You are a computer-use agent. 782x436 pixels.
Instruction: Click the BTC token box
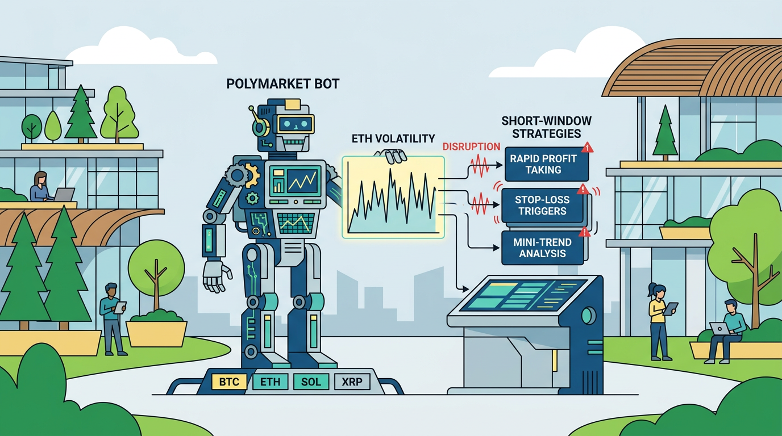click(x=229, y=381)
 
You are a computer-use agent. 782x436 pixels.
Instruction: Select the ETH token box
click(x=270, y=381)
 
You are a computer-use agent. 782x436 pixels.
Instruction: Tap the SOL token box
click(x=311, y=381)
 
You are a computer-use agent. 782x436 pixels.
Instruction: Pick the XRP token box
click(x=352, y=381)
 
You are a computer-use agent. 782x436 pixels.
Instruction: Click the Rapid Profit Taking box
click(x=547, y=164)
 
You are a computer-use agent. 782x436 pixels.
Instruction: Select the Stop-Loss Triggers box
click(x=542, y=206)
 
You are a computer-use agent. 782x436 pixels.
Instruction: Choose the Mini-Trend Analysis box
click(x=542, y=248)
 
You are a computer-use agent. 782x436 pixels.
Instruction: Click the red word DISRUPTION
click(x=471, y=146)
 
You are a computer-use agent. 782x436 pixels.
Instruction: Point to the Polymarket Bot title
click(x=283, y=83)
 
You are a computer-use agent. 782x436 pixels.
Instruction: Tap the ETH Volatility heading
click(x=393, y=139)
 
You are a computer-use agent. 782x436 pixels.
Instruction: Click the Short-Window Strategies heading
click(x=546, y=127)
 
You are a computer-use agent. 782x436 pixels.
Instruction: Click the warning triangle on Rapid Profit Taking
click(x=587, y=148)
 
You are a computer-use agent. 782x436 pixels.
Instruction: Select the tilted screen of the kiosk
click(x=523, y=295)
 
